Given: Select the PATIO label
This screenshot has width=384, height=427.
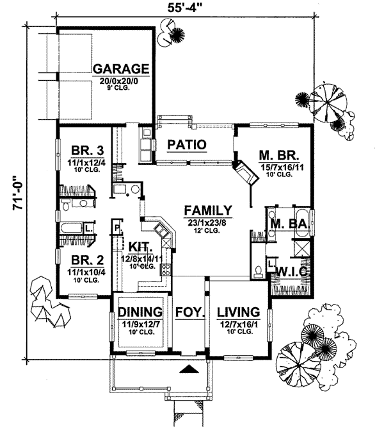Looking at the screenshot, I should (x=186, y=145).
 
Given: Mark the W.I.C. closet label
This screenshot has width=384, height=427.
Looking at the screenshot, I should (x=292, y=272).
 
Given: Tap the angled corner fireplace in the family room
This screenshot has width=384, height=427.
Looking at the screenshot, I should (x=244, y=172).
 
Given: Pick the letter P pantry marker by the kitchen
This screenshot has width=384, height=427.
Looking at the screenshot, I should (x=117, y=226).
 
